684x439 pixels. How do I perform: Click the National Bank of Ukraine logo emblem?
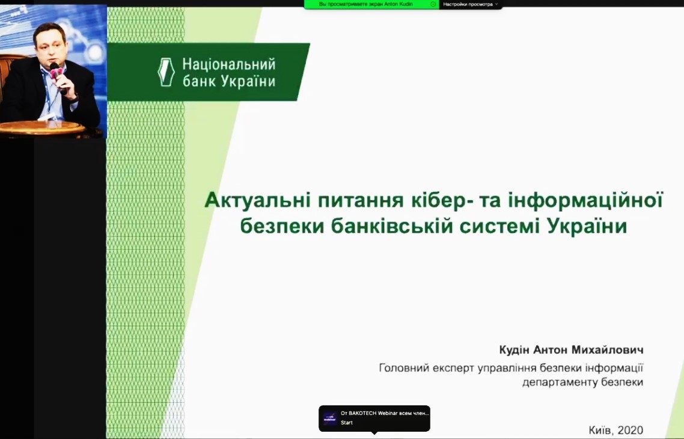pos(166,72)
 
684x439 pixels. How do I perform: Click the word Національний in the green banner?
pos(229,64)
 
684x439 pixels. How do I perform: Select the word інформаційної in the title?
pos(585,201)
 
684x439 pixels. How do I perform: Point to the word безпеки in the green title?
pos(282,226)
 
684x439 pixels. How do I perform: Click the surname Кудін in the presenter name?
pos(514,350)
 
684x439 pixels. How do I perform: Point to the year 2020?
pos(631,430)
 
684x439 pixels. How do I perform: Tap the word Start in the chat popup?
pos(347,422)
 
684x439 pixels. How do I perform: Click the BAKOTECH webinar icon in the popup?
pos(330,418)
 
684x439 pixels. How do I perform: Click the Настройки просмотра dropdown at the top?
pos(470,4)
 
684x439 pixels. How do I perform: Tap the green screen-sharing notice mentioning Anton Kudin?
pos(371,4)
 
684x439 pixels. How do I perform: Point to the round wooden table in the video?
pos(42,127)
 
